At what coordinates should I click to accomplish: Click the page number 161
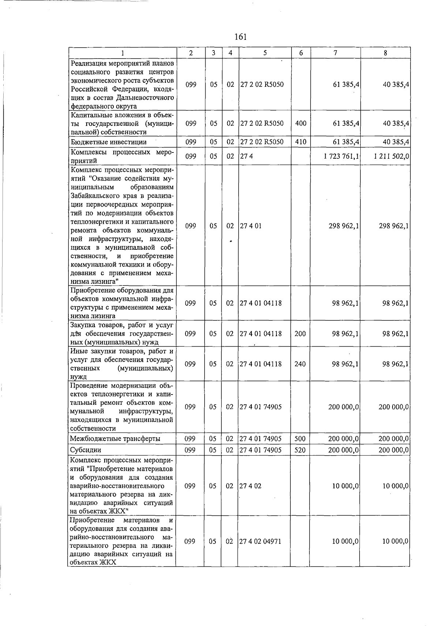(240, 37)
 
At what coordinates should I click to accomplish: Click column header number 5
(264, 53)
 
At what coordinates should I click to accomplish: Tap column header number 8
(385, 53)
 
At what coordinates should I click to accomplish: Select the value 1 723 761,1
(341, 156)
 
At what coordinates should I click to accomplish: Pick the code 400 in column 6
(300, 124)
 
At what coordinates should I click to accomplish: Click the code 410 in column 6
(300, 142)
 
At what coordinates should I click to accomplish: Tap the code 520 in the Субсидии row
(300, 450)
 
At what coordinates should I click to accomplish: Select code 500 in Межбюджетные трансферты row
(300, 439)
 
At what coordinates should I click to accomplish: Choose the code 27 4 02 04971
(260, 542)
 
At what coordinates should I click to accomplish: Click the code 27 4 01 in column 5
(251, 226)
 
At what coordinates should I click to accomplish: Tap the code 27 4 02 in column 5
(251, 486)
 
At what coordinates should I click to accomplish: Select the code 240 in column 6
(300, 364)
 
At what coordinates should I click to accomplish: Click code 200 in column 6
(300, 334)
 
